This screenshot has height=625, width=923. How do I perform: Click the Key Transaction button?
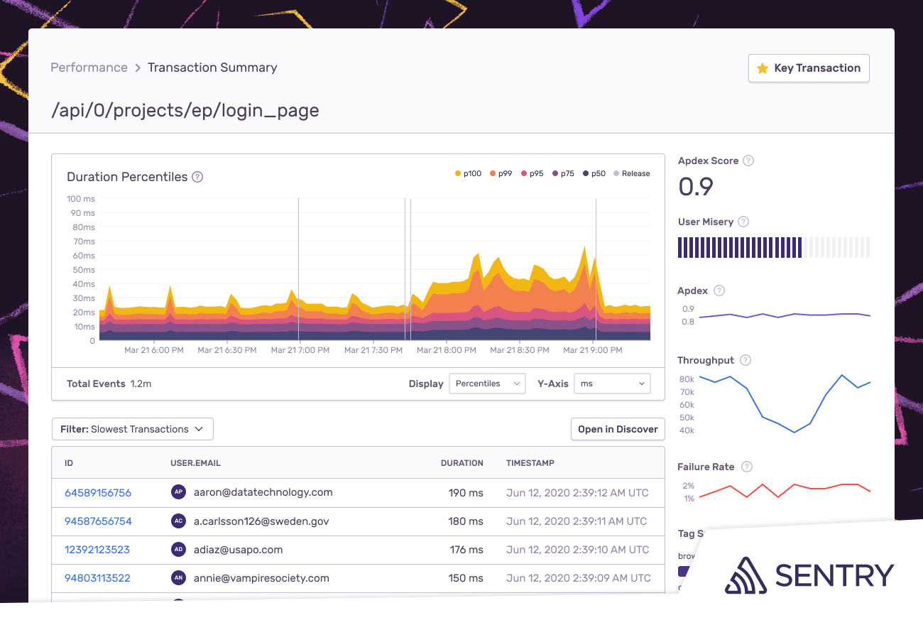tap(809, 68)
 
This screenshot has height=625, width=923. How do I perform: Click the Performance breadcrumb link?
tap(89, 67)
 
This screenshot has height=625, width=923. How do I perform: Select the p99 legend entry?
tap(501, 173)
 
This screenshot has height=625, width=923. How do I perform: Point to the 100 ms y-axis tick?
tap(81, 199)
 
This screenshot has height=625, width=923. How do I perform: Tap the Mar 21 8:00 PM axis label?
tap(446, 350)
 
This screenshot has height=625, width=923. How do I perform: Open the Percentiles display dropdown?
tap(487, 384)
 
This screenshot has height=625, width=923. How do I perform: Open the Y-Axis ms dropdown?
tap(612, 384)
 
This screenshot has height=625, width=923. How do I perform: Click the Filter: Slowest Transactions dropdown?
tap(133, 429)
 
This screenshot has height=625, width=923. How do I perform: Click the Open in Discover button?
tap(618, 429)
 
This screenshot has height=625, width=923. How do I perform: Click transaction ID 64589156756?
tap(98, 492)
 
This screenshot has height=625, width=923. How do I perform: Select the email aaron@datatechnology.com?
tap(263, 492)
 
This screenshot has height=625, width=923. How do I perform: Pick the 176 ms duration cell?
tap(466, 550)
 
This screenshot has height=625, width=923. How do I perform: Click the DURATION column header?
tap(461, 463)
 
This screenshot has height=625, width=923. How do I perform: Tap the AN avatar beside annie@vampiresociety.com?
tap(179, 578)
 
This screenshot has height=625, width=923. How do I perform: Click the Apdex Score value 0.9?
tap(696, 186)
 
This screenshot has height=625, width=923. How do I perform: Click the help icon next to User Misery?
tap(743, 222)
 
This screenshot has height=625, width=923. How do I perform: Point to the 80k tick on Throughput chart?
tap(687, 379)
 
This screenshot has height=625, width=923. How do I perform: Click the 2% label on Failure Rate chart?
tap(688, 486)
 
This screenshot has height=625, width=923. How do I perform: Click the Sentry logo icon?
tap(745, 575)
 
